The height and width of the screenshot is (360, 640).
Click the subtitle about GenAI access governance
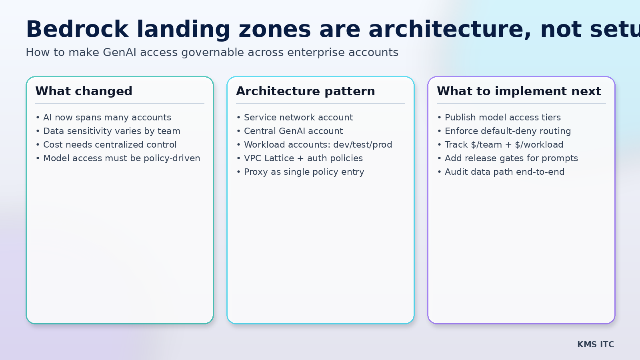coord(212,52)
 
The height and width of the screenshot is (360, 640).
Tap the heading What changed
coord(84,91)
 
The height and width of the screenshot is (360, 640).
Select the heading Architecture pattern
coord(306,91)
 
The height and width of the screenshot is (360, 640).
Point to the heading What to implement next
coord(519,91)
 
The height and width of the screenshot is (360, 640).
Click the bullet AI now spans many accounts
coord(107,118)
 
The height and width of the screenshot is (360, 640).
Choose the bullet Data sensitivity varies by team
coord(112,131)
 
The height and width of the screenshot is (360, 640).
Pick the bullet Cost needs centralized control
coord(110,145)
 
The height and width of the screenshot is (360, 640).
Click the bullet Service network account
coord(298,118)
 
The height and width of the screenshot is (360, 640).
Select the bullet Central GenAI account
coord(293,131)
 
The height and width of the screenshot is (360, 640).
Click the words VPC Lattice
coord(269,158)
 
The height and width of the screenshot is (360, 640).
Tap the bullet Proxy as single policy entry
coord(304,172)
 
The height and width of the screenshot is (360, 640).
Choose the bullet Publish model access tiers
coord(502,118)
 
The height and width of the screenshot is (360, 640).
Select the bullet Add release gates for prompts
coord(511,158)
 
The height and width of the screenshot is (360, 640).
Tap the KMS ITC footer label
coord(595,344)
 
